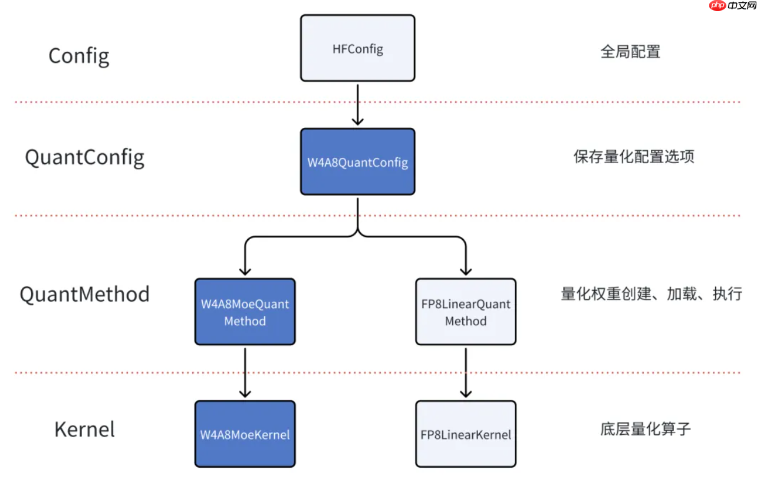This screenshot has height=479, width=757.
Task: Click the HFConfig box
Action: pyautogui.click(x=357, y=48)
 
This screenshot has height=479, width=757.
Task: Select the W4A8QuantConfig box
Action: pyautogui.click(x=357, y=161)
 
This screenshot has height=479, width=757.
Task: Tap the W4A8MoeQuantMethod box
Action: pyautogui.click(x=245, y=312)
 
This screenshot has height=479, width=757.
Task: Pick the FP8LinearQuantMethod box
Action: pyautogui.click(x=465, y=312)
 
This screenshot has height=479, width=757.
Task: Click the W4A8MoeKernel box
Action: pyautogui.click(x=245, y=434)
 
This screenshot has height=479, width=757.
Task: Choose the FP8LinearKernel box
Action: pyautogui.click(x=465, y=434)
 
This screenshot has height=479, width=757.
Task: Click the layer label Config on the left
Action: pyautogui.click(x=78, y=56)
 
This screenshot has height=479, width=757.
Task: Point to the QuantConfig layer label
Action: pyautogui.click(x=84, y=157)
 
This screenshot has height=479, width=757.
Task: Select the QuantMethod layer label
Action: pyautogui.click(x=84, y=294)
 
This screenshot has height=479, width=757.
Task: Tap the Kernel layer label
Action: pyautogui.click(x=84, y=429)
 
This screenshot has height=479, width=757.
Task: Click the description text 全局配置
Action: pyautogui.click(x=630, y=52)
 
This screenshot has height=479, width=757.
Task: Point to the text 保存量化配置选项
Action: pyautogui.click(x=634, y=157)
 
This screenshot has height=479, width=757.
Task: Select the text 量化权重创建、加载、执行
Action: pyautogui.click(x=651, y=293)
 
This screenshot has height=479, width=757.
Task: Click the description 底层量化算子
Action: pyautogui.click(x=645, y=429)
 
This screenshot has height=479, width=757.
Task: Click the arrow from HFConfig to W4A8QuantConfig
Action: pyautogui.click(x=357, y=104)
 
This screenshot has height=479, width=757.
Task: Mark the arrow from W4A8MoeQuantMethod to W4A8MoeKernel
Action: pyautogui.click(x=245, y=372)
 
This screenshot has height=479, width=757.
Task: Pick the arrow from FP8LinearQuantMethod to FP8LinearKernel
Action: pyautogui.click(x=465, y=372)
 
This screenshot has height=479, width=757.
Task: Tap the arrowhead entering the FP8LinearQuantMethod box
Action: pyautogui.click(x=465, y=270)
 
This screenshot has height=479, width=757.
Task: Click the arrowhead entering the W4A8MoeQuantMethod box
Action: pyautogui.click(x=245, y=270)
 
